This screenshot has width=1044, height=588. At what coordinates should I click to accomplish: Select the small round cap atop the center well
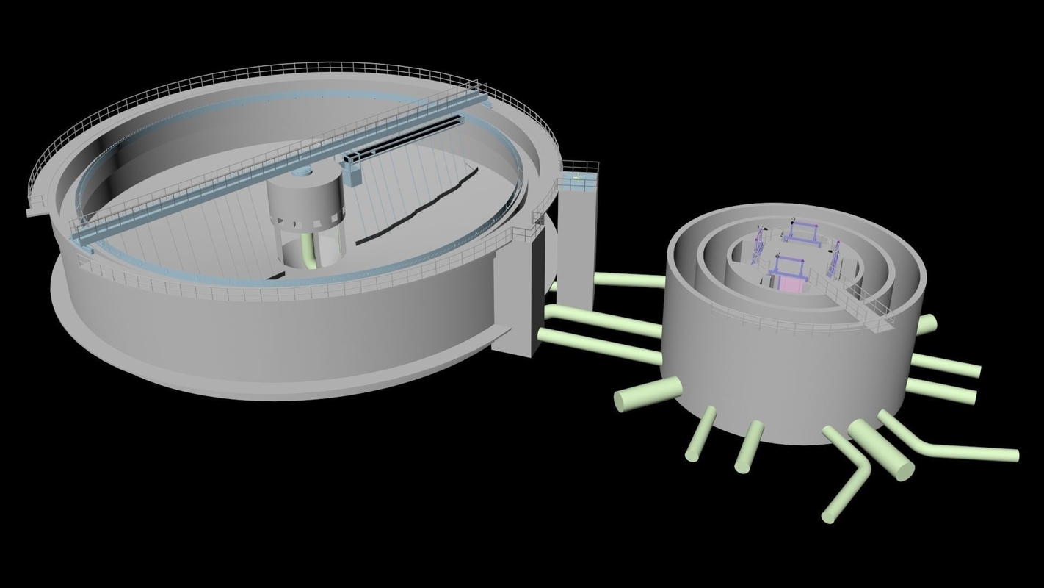302,172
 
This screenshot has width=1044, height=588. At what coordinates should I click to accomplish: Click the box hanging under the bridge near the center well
353,168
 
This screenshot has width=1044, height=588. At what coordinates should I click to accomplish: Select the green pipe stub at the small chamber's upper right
927,323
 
